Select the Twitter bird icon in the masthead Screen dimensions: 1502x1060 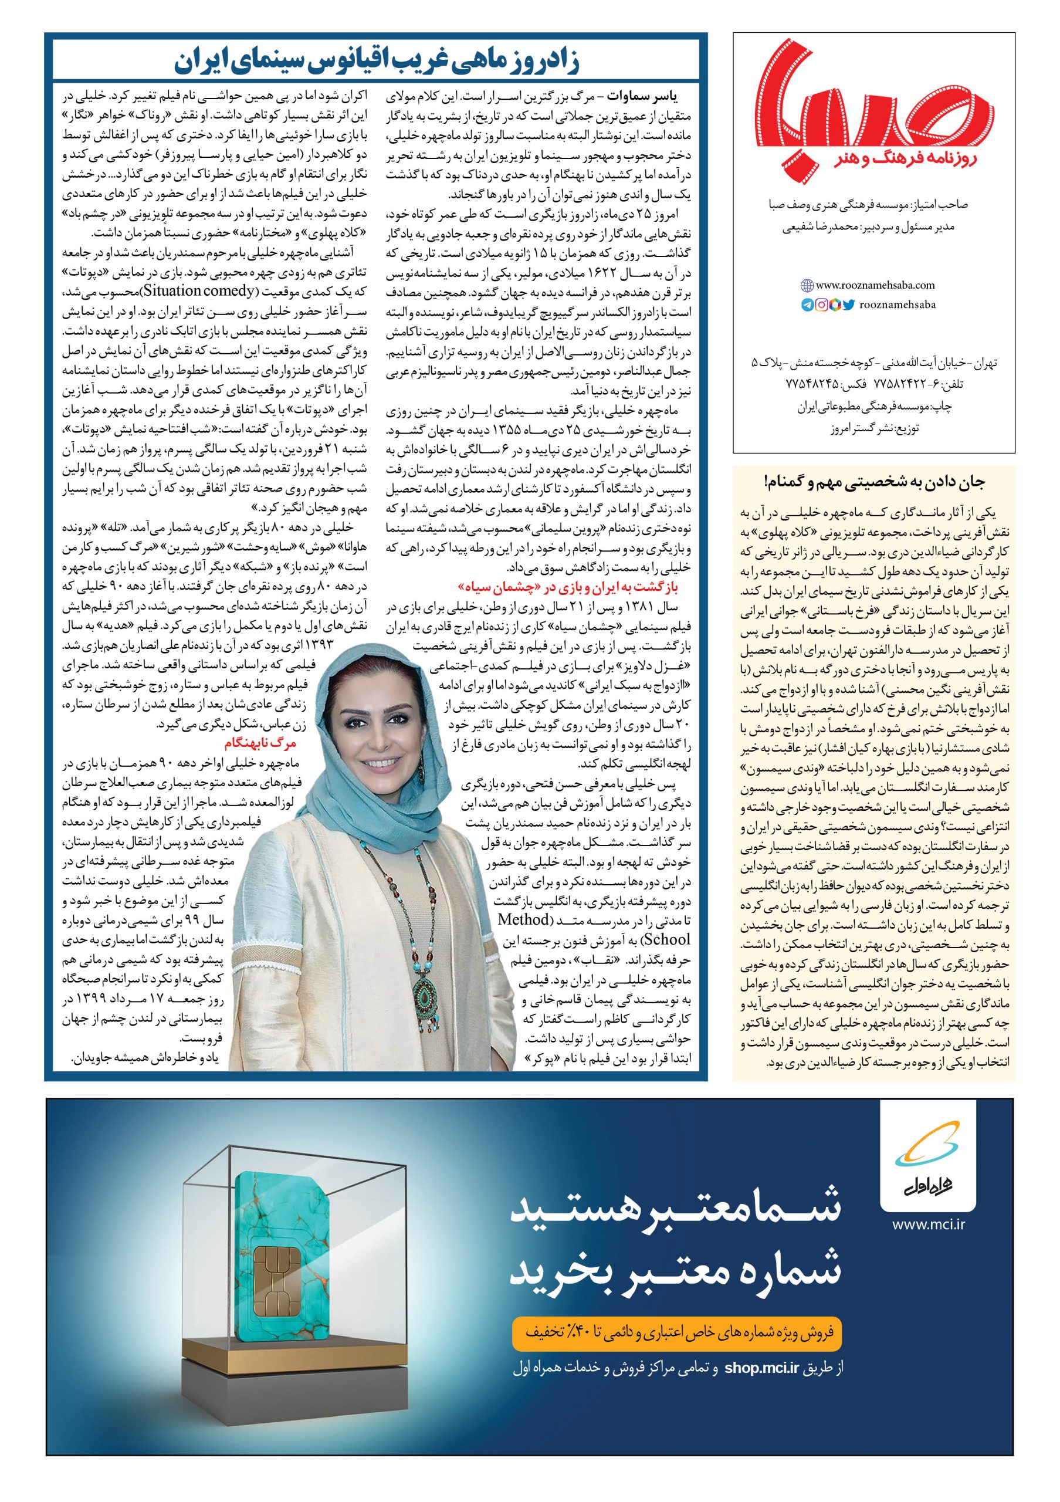tap(849, 304)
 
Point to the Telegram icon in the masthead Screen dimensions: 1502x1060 tap(807, 304)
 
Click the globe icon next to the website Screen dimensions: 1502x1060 tap(807, 285)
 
